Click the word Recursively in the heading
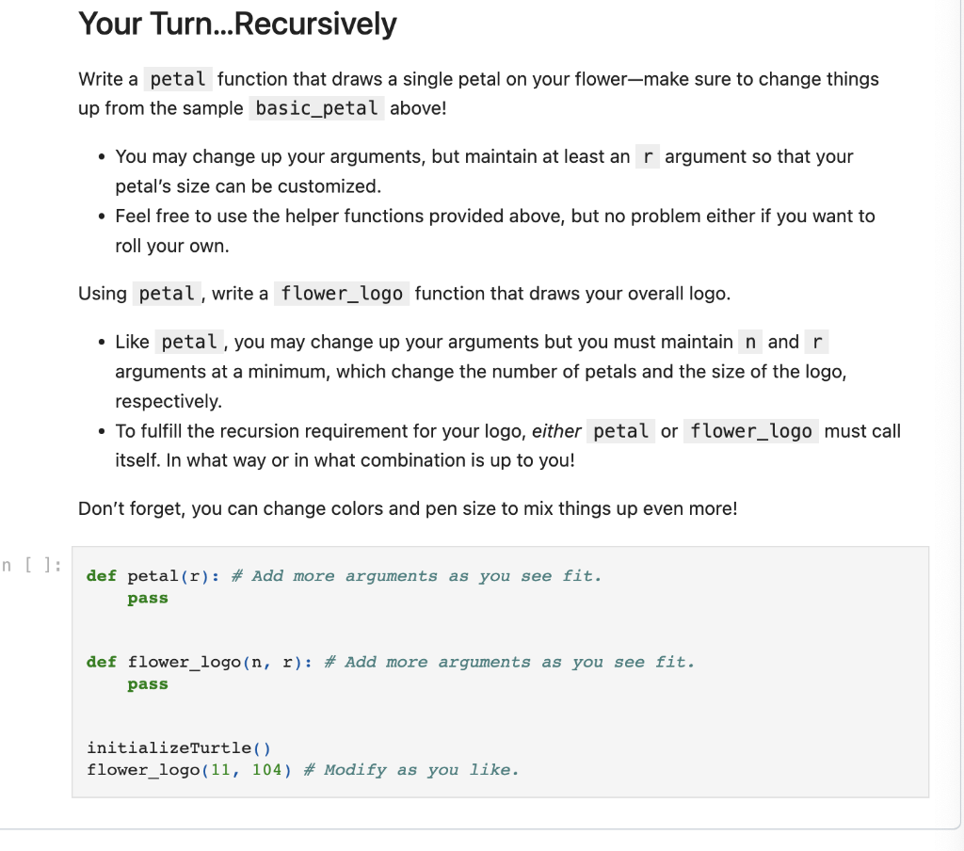[314, 24]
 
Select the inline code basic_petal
[316, 108]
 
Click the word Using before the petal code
[102, 293]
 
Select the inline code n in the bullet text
[750, 342]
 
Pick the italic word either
[555, 431]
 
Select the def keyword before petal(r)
[101, 576]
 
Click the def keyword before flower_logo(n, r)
[101, 662]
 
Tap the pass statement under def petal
[148, 599]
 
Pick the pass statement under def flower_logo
[148, 684]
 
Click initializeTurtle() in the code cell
[178, 748]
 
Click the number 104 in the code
[266, 770]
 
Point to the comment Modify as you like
[421, 770]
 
